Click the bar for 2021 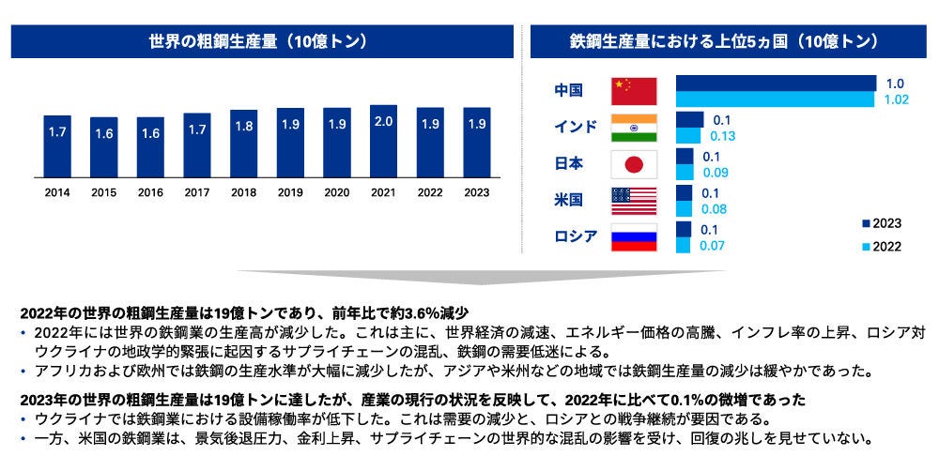tap(383, 140)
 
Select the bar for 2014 tap(56, 145)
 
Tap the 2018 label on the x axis tap(243, 193)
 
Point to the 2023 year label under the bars tap(476, 193)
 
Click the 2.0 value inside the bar tap(383, 123)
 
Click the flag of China tap(634, 91)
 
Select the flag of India tap(634, 128)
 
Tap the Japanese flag tap(634, 164)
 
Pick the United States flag tap(634, 201)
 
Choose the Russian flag tap(634, 236)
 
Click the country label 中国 tap(568, 91)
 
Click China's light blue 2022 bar tap(775, 99)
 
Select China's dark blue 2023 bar tap(775, 84)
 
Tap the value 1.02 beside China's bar tap(897, 99)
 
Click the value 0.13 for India tap(723, 136)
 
